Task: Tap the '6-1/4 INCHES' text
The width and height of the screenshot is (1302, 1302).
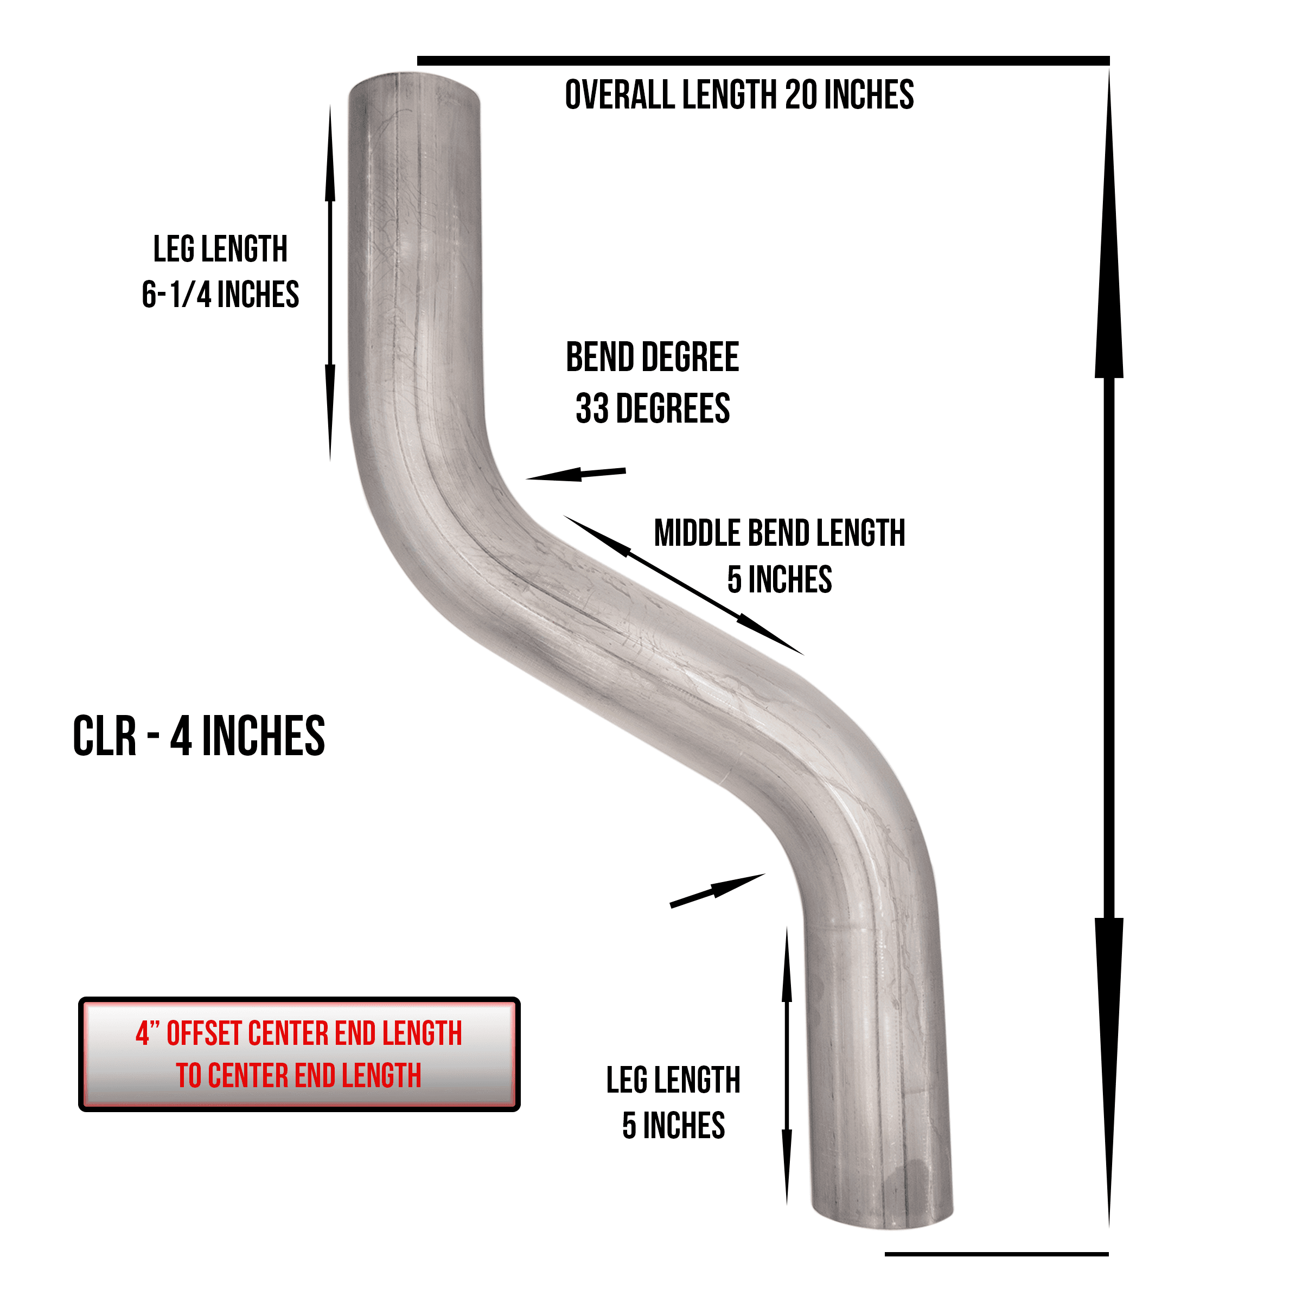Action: [220, 295]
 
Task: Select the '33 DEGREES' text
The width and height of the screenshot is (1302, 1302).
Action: [652, 409]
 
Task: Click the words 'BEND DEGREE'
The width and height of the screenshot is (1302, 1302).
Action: [652, 357]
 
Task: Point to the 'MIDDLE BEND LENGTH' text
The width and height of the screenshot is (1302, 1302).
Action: [780, 533]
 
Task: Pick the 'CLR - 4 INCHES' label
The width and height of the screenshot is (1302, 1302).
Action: [199, 736]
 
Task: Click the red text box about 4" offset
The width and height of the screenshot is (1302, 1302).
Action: [299, 1054]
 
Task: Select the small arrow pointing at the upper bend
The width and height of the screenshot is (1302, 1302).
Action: [576, 474]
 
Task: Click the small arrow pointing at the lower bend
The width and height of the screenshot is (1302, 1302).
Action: [717, 890]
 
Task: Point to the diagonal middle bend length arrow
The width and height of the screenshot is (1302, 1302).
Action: [684, 585]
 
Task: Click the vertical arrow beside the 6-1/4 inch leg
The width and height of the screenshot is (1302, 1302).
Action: [330, 283]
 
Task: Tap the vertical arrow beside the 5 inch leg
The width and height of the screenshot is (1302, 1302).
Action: [787, 1066]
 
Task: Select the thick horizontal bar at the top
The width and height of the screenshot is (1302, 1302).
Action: [763, 61]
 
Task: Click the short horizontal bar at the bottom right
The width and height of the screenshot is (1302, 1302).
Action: [996, 1254]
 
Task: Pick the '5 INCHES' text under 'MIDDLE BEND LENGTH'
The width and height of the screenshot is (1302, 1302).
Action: [780, 579]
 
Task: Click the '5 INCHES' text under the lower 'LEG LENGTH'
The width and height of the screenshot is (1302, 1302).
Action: [673, 1126]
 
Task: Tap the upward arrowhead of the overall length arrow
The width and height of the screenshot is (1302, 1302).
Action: [1108, 222]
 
